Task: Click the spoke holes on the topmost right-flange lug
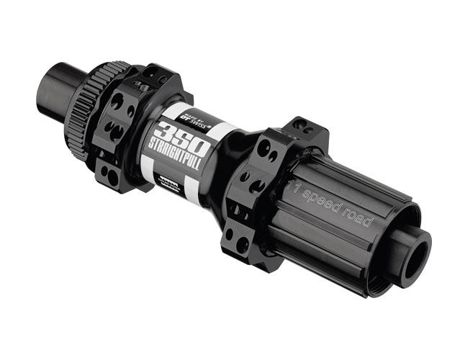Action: tap(301, 128)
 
